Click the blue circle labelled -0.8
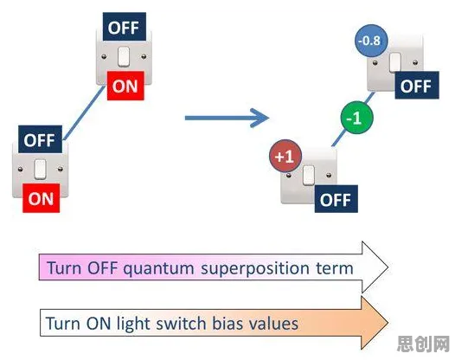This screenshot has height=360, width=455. pos(371,41)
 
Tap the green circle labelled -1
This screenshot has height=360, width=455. pos(356,118)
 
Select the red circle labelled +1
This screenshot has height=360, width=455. pos(285,156)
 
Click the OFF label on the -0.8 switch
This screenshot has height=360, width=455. pos(417,86)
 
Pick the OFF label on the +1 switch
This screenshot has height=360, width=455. pos(336,199)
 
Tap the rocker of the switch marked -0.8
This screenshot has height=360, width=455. pos(395,62)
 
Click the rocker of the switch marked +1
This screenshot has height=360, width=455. pos(309,175)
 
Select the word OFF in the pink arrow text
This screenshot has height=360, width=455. pos(102,267)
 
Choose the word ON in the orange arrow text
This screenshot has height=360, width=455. pos(99,324)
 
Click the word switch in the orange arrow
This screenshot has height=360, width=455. pos(181,323)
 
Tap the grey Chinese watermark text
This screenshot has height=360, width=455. pos(423,344)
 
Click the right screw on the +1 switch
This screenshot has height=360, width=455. pos(329,175)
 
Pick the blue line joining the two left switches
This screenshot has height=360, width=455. pos(85,112)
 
